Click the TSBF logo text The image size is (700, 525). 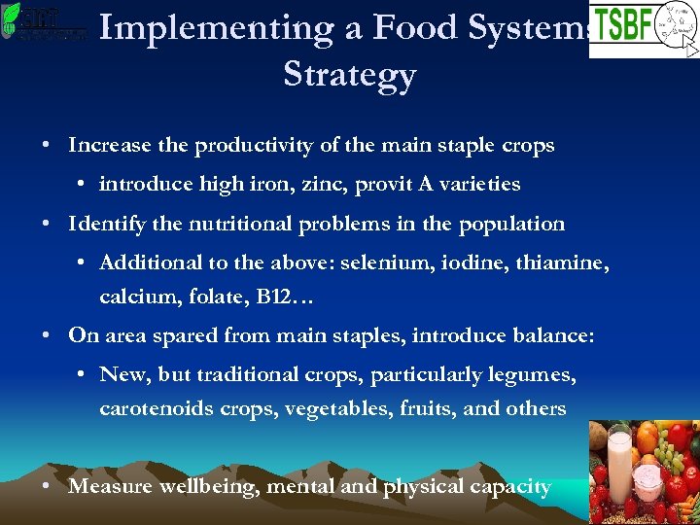(622, 25)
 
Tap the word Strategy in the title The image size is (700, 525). (349, 75)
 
